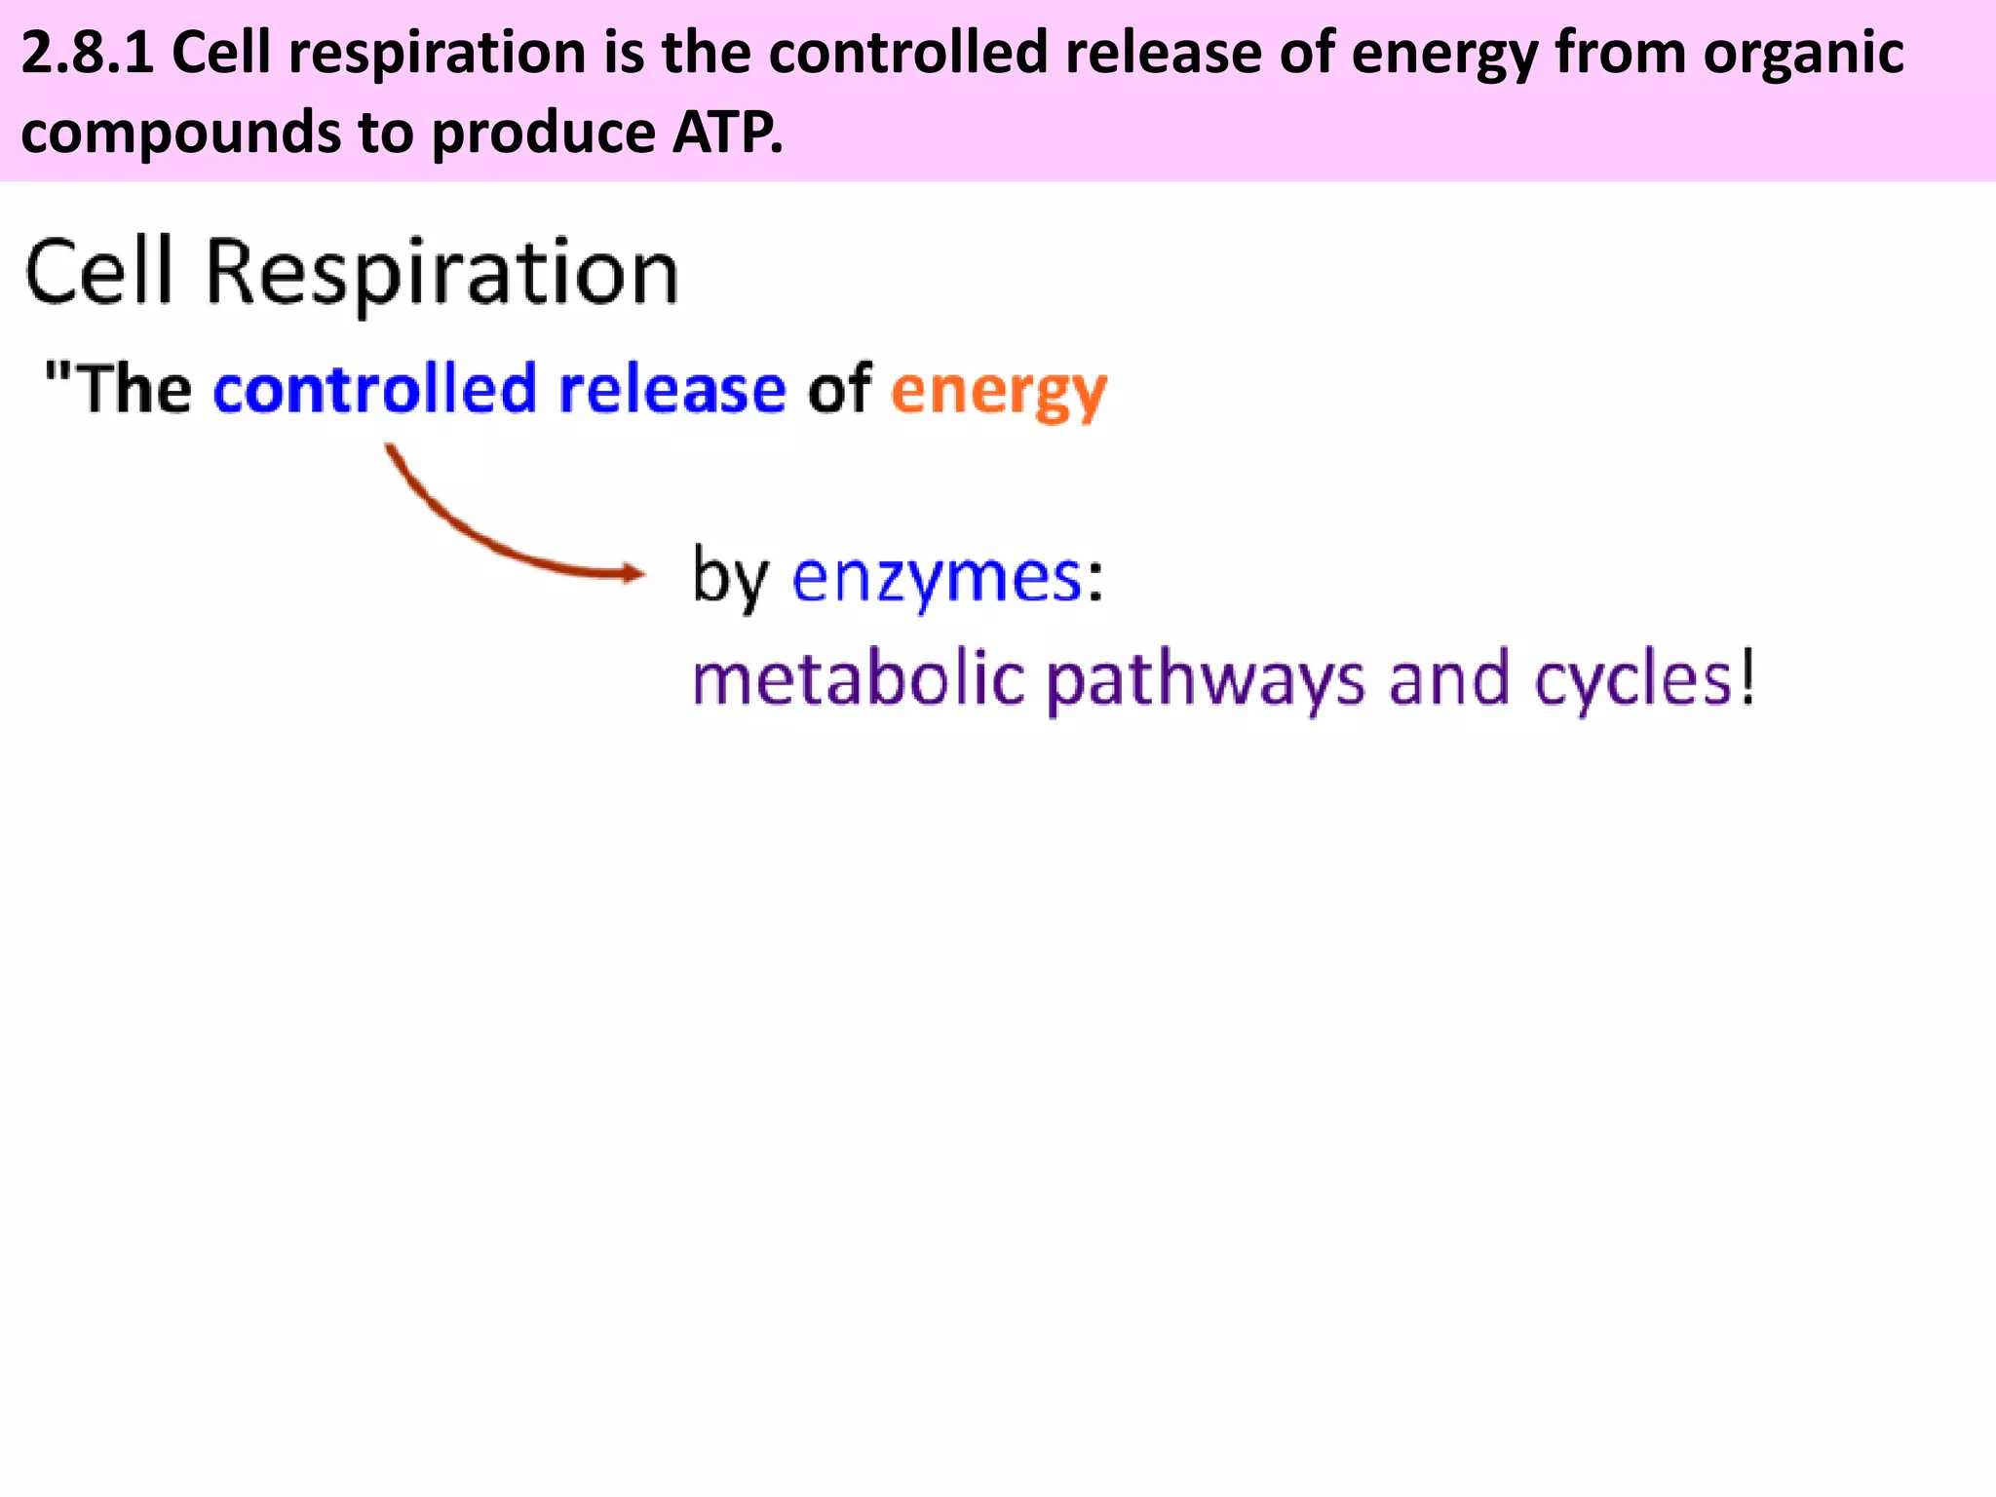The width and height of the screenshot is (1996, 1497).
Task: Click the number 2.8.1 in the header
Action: pos(87,53)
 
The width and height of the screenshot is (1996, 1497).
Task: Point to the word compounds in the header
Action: pos(180,133)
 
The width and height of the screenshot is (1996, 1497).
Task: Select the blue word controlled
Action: pos(374,389)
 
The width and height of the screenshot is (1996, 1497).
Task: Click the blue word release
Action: pos(672,389)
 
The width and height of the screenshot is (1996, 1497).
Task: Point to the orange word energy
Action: pos(998,392)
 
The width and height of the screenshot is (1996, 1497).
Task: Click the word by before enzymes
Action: pos(730,579)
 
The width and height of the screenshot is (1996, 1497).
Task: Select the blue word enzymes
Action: pos(937,579)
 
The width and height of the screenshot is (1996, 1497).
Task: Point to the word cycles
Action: pos(1632,680)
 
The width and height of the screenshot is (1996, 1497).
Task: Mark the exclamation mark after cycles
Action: pos(1748,676)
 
